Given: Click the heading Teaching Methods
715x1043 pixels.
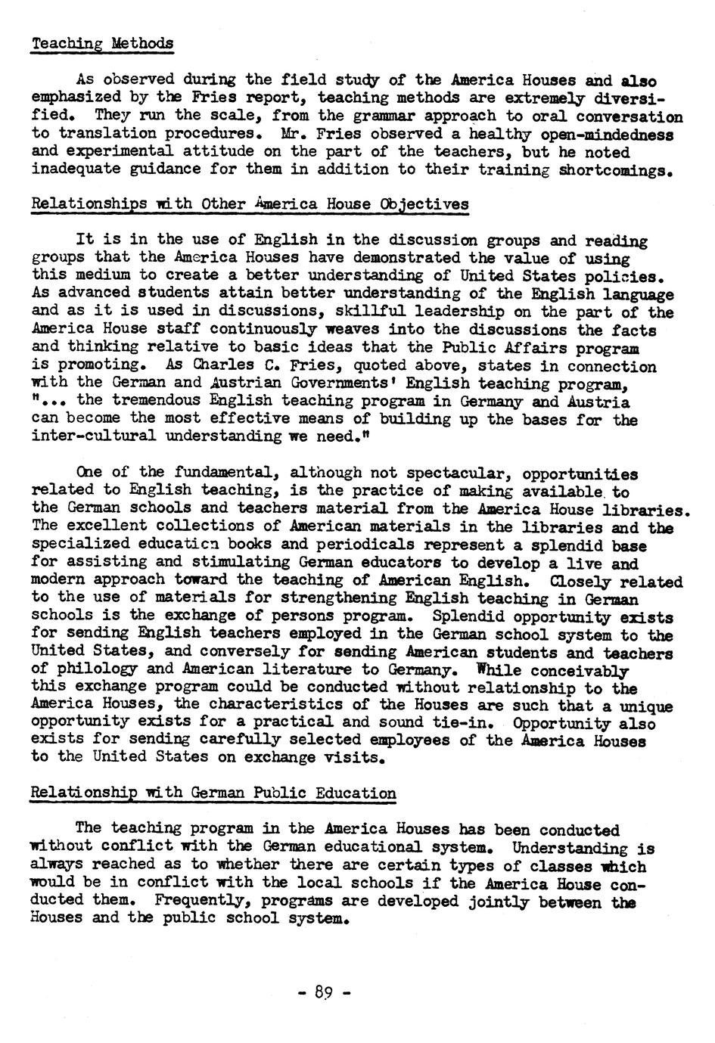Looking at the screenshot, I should click(102, 43).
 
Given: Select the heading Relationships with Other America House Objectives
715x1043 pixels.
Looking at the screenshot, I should click(250, 204).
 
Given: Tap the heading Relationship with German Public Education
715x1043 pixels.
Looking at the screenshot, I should click(213, 793).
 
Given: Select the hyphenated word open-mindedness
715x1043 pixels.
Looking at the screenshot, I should click(611, 134).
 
